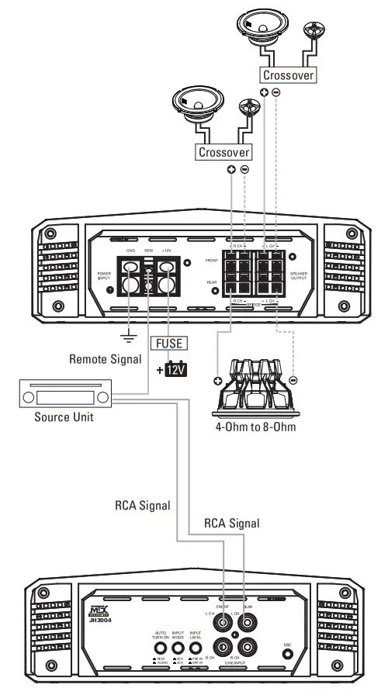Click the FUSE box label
click(167, 342)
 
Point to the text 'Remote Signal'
click(105, 359)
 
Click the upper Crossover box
click(288, 75)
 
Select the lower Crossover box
click(223, 152)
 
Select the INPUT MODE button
click(178, 647)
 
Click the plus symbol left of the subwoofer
click(217, 380)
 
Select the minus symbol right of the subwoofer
click(293, 380)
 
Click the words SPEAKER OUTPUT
click(299, 277)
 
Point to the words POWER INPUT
click(105, 277)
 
